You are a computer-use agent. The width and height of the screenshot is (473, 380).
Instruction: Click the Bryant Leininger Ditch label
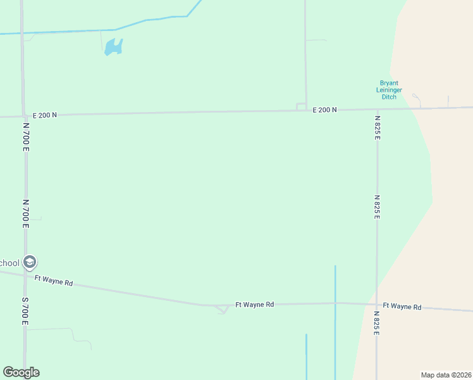390,90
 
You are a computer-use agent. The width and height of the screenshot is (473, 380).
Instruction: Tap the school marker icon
29,262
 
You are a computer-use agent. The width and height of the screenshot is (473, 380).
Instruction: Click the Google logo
21,372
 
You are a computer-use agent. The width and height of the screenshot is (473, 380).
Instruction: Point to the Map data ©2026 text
446,375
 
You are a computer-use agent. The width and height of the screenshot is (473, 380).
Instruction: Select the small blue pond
113,47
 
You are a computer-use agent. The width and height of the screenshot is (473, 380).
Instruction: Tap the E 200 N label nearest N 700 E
45,115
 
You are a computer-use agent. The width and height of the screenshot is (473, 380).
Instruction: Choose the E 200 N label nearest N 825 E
325,110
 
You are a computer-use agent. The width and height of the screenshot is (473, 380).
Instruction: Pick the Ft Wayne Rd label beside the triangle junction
254,305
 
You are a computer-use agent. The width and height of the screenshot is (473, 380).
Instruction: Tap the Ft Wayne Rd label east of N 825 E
402,307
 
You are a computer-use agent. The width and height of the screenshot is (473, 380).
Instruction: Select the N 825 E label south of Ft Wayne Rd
377,323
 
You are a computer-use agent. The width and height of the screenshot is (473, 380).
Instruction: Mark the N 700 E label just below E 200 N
26,136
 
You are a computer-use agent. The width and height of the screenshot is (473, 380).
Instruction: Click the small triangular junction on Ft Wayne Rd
222,309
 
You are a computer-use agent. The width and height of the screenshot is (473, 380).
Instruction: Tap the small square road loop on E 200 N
301,106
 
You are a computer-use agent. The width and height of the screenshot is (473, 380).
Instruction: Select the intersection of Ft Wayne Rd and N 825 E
377,304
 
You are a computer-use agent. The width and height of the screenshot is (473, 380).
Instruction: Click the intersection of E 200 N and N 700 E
23,116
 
